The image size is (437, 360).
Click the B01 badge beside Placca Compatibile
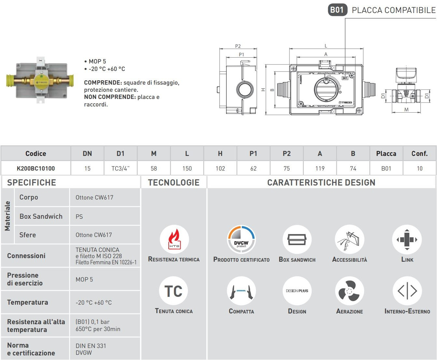pos(337,10)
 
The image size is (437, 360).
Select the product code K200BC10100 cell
pos(36,168)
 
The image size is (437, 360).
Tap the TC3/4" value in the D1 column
pos(120,168)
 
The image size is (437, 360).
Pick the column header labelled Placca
pos(386,154)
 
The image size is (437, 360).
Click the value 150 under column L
pos(187,168)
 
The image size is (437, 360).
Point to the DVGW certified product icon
pos(241,240)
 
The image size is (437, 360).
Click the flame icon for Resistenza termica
pos(174,239)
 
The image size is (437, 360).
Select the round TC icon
pos(174,291)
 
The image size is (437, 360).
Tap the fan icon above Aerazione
pos(349,291)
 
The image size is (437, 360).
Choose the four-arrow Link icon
pos(407,240)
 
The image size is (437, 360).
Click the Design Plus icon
pos(297,291)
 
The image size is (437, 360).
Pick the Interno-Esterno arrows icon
pos(407,291)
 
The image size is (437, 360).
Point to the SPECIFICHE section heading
pos(32,183)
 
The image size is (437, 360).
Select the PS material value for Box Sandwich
pos(79,216)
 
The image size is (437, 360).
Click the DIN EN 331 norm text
pos(91,346)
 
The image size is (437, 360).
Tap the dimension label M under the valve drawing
pos(406,110)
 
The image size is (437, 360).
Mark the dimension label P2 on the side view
pos(238,46)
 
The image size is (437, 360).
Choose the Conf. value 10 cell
pos(419,168)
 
